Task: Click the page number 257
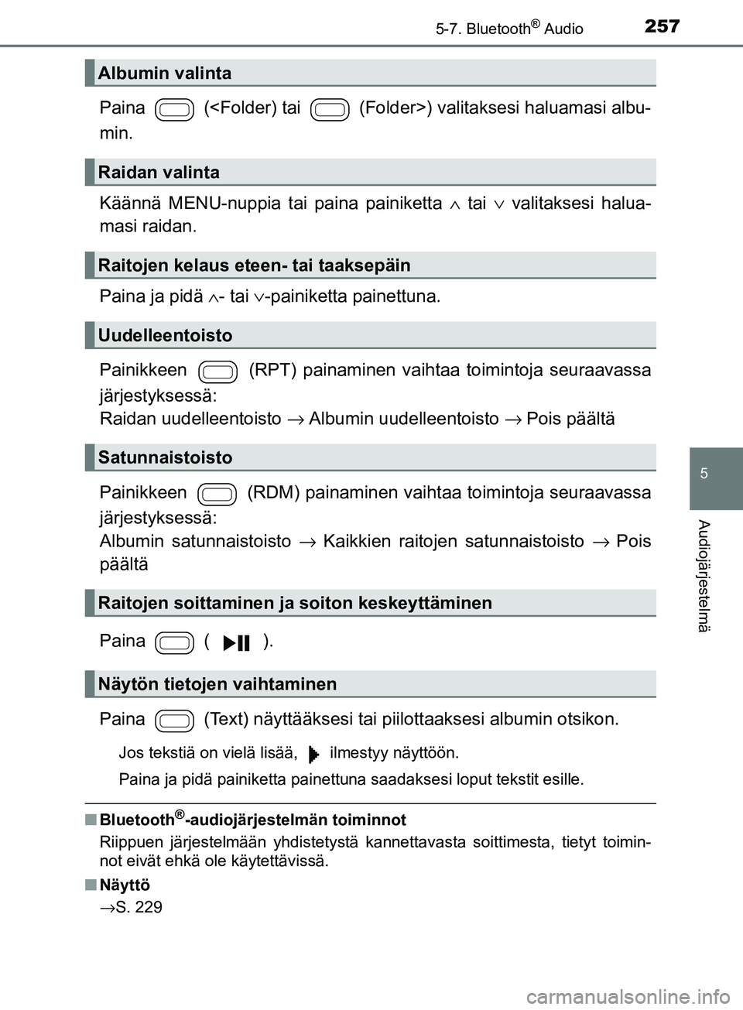click(x=662, y=26)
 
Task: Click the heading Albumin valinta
click(x=165, y=74)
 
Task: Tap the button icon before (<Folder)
click(x=175, y=110)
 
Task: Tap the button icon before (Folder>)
click(x=330, y=110)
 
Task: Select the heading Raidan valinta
click(x=159, y=173)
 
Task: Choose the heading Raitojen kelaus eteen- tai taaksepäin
click(x=254, y=265)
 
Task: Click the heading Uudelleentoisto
click(x=165, y=336)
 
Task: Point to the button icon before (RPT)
click(x=218, y=372)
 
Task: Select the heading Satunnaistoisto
click(x=165, y=458)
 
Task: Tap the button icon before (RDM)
click(x=217, y=495)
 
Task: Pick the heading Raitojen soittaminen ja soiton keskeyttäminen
click(x=295, y=604)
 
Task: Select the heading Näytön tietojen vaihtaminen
click(x=217, y=685)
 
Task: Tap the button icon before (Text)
click(x=175, y=721)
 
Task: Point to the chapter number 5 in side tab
click(x=704, y=474)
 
